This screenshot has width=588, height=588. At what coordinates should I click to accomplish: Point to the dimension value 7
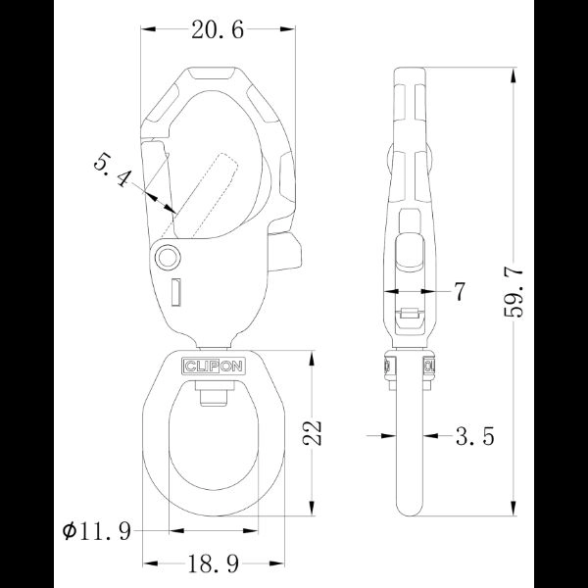coord(458,292)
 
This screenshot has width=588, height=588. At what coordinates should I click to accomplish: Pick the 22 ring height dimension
coord(312,432)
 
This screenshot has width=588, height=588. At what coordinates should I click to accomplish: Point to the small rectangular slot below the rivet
coord(176,291)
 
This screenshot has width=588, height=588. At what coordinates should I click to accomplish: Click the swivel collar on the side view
coord(410,367)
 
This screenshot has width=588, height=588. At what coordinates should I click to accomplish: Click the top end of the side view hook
coord(410,71)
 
